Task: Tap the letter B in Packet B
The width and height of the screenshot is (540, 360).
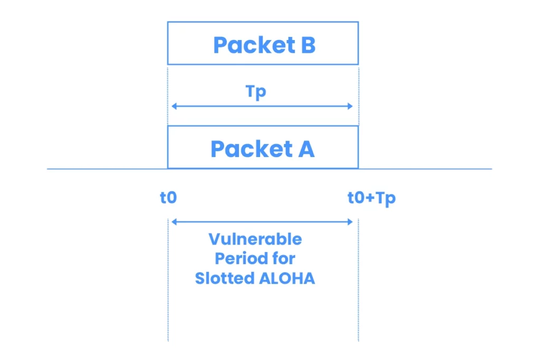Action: click(x=308, y=45)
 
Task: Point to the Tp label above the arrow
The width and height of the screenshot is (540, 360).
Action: click(x=256, y=92)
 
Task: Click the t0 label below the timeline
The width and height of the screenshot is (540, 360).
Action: click(x=168, y=198)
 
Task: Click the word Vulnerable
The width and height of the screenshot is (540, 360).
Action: click(x=255, y=239)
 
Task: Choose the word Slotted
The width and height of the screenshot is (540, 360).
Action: click(x=225, y=278)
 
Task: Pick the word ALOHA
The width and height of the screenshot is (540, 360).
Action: click(x=287, y=278)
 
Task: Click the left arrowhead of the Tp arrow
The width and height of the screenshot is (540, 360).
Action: click(x=174, y=106)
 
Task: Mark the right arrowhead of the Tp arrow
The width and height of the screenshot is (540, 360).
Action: click(x=350, y=106)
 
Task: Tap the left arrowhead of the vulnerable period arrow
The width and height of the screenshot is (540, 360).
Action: click(x=174, y=222)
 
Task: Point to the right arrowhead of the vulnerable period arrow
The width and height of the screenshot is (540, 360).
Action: click(x=350, y=222)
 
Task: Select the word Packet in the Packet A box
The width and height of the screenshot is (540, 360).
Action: click(x=252, y=149)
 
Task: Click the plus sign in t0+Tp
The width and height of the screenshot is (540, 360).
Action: click(x=370, y=198)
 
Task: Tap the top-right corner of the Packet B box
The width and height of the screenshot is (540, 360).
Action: click(x=359, y=22)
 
